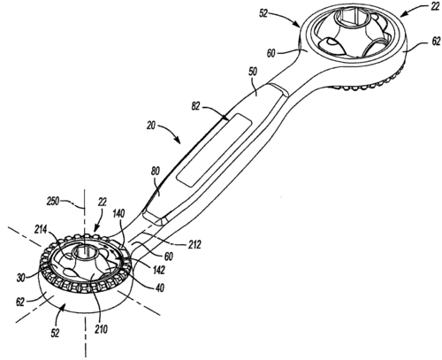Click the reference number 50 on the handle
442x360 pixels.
253,72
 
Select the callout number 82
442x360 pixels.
195,106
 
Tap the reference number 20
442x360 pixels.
151,126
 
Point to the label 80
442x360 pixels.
156,171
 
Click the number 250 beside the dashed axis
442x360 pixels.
53,202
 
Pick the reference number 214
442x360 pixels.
41,229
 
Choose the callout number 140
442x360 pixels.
118,213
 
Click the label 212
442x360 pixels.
194,244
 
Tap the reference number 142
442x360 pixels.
158,270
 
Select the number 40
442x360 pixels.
159,287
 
